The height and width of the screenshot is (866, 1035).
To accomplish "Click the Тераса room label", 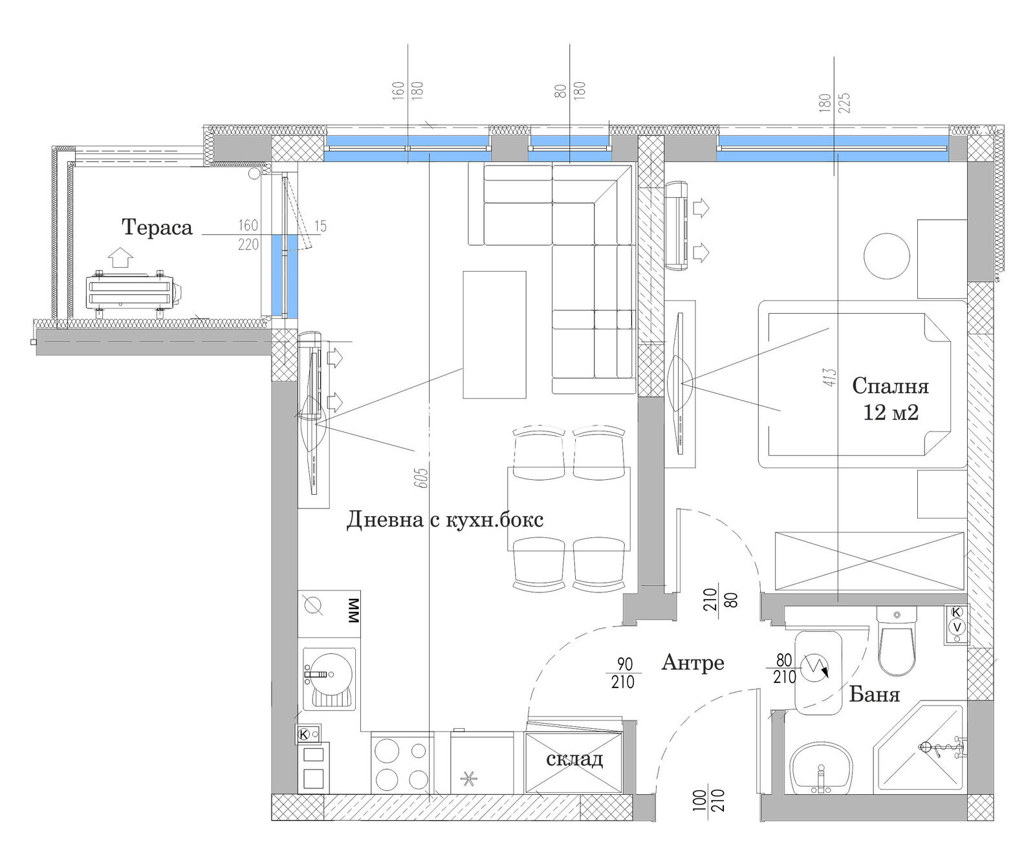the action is (157, 228).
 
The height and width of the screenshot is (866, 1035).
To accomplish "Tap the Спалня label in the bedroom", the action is (890, 386).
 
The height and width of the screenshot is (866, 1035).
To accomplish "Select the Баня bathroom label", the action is (874, 695).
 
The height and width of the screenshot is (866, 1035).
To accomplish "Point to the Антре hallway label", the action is (692, 663).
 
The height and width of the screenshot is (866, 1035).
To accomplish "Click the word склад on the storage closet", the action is (574, 759).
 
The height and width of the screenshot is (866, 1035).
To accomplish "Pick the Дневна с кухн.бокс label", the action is (445, 519).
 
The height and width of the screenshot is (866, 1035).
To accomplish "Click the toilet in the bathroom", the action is (896, 641).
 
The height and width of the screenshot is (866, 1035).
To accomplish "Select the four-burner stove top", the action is (402, 763).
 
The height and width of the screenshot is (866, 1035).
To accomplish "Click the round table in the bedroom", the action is (887, 256).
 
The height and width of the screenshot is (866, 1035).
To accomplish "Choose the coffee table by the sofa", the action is (494, 335).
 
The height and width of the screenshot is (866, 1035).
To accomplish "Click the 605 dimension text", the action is (424, 478).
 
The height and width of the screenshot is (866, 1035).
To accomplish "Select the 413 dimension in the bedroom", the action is (831, 378).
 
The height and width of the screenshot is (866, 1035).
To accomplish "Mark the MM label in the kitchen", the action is (353, 611).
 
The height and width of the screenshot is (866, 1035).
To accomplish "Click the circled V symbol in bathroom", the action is (957, 627).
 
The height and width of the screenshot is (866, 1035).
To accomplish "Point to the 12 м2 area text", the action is (891, 413).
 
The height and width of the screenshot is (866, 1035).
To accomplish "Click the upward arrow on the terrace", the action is (120, 257).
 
